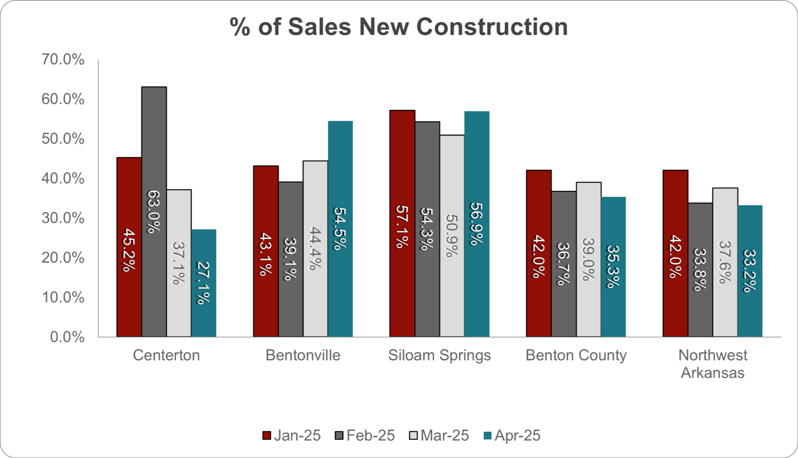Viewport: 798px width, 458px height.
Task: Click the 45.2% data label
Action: (x=129, y=250)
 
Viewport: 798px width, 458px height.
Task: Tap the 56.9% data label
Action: (x=477, y=223)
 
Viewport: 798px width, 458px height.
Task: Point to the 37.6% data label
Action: (x=725, y=262)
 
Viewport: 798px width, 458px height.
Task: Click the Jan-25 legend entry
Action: (x=292, y=435)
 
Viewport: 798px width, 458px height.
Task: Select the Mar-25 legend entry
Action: (x=440, y=435)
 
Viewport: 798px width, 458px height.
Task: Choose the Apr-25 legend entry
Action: (x=512, y=435)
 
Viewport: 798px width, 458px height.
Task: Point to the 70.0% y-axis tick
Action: (x=63, y=59)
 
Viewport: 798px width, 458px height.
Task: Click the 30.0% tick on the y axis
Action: (x=63, y=218)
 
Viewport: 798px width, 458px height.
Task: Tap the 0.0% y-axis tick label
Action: (x=67, y=337)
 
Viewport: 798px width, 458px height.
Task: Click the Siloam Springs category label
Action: (x=440, y=355)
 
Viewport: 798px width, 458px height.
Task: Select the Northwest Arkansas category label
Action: (x=713, y=363)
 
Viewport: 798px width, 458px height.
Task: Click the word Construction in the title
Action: (x=492, y=27)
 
